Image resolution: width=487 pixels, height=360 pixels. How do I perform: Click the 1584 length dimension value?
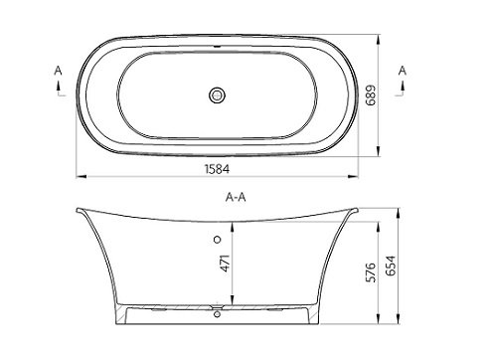point(217,169)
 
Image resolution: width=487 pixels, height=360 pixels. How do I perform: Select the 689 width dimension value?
point(371,95)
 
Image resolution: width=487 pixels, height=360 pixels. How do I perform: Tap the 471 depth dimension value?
point(225,264)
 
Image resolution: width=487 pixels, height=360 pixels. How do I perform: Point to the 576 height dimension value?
point(371,272)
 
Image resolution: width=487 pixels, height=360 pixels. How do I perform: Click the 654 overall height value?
point(391,266)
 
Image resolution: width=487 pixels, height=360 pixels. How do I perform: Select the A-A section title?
point(236,198)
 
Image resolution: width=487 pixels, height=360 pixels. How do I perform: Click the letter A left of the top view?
point(58,71)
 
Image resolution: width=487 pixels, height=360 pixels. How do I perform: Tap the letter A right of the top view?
point(403,71)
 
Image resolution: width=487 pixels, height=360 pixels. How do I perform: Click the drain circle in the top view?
point(218,95)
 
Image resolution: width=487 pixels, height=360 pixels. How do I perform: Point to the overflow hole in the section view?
point(218,240)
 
